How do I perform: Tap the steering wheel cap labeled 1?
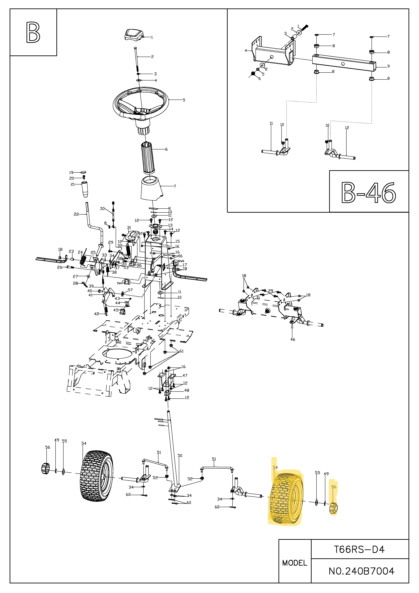click(134, 35)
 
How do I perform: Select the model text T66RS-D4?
click(359, 549)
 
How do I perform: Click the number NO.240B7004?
click(361, 571)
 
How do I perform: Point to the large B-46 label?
click(369, 192)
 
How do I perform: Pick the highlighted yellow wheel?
click(286, 499)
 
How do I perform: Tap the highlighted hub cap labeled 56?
click(334, 508)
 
